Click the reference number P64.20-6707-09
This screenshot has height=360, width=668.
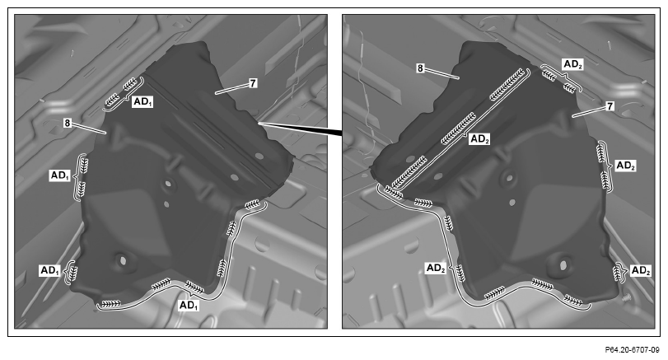pos(632,350)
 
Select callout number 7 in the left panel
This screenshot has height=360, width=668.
pos(253,83)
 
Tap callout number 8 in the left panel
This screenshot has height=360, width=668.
pos(68,123)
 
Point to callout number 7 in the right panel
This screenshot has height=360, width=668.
pos(610,105)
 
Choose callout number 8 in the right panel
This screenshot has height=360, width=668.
pos(420,68)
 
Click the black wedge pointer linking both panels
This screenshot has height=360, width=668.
pos(301,129)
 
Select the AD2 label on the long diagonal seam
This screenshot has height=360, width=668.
pos(479,139)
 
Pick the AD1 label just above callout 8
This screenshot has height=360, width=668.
pos(142,102)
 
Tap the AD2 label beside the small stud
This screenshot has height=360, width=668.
pos(641,270)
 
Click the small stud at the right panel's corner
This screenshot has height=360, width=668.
pos(626,297)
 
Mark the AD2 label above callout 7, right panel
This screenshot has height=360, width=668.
pos(572,64)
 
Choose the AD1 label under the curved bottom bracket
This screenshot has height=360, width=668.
pos(189,305)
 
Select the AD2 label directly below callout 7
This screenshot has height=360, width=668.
pos(625,166)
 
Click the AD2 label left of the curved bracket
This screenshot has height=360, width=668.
pos(436,268)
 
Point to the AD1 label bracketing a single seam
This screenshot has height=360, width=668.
pos(50,270)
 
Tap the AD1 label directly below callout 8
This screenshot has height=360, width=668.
pos(60,175)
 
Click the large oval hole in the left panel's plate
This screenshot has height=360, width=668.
pos(122,259)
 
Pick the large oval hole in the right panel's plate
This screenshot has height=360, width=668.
pos(563,264)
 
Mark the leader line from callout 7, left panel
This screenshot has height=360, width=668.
pos(231,89)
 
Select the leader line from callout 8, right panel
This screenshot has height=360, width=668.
pos(441,73)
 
